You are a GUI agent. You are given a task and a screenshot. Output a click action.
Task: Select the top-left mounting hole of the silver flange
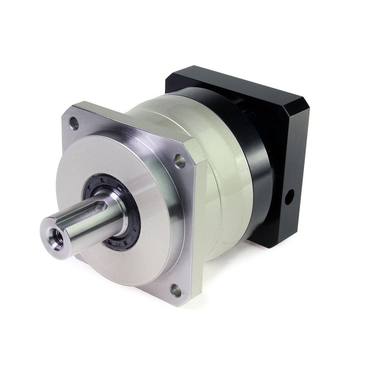[x=74, y=123]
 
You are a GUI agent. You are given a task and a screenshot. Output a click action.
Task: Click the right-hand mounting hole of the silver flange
[x=179, y=161]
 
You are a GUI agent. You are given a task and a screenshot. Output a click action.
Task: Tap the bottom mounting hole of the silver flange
[x=176, y=290]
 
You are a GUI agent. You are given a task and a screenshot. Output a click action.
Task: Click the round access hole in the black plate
[x=289, y=197]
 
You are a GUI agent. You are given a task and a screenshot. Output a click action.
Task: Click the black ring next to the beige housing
[x=260, y=169]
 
